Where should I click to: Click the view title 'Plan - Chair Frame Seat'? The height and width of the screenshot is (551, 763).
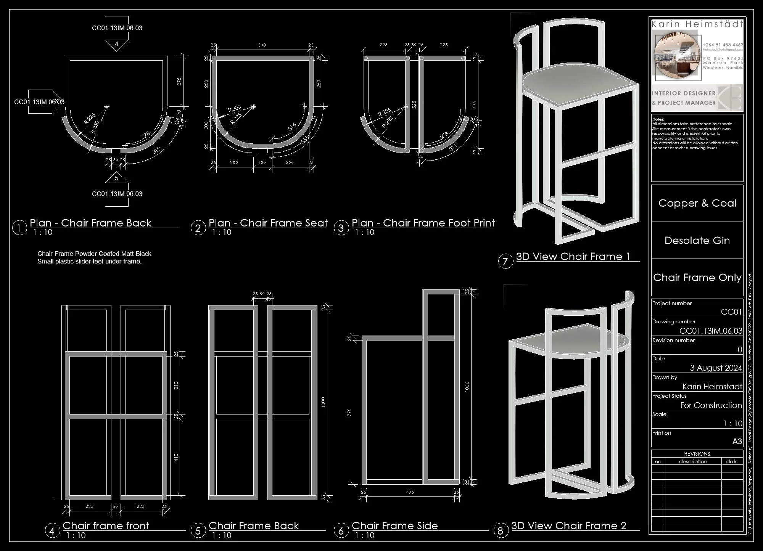(268, 223)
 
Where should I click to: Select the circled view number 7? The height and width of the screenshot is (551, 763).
(505, 261)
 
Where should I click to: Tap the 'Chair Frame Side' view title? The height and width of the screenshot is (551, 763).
(394, 526)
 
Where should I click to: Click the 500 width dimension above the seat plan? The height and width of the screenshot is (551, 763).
(262, 45)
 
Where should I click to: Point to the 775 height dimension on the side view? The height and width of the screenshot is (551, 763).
(349, 413)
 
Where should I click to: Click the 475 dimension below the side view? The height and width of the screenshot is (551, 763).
(410, 492)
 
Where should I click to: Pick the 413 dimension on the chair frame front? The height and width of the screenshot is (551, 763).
(176, 458)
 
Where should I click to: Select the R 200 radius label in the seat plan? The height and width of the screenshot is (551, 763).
(234, 109)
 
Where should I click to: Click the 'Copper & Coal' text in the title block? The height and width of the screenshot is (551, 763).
(697, 203)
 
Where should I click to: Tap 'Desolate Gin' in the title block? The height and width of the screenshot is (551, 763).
(697, 241)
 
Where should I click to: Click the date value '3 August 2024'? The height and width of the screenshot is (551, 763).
(716, 368)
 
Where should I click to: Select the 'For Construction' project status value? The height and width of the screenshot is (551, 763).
(711, 405)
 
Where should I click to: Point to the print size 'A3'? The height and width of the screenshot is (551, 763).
(737, 442)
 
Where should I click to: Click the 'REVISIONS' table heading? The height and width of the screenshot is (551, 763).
(697, 454)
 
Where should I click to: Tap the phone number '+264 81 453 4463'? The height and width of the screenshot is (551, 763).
(723, 45)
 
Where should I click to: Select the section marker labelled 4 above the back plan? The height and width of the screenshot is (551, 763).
(117, 44)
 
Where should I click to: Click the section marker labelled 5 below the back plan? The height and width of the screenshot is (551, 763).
(117, 178)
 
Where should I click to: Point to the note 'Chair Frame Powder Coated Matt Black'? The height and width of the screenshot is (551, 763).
(94, 254)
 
